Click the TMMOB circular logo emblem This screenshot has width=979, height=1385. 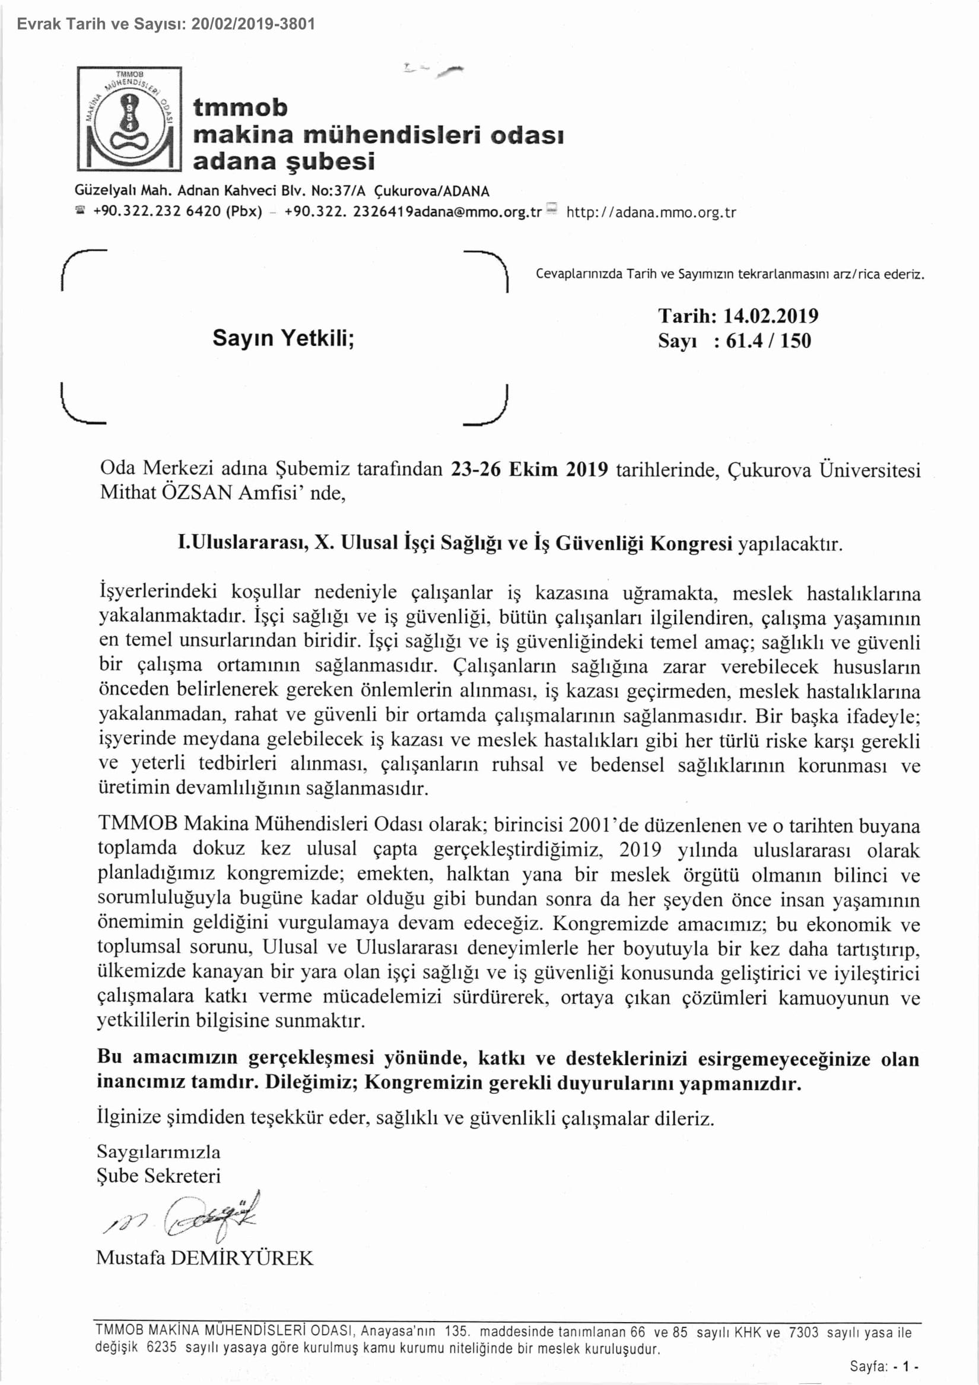pyautogui.click(x=129, y=118)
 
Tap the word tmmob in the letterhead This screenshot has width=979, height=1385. pyautogui.click(x=240, y=107)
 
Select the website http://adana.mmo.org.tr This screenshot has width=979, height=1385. pyautogui.click(x=651, y=213)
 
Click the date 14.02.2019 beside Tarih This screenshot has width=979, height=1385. pyautogui.click(x=770, y=316)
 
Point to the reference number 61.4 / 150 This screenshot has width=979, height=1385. pyautogui.click(x=768, y=341)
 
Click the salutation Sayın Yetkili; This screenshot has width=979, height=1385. pyautogui.click(x=283, y=338)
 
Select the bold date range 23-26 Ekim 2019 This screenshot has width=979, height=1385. pyautogui.click(x=529, y=469)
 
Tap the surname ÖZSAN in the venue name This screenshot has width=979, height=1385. pyautogui.click(x=196, y=493)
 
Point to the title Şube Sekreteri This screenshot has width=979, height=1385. pyautogui.click(x=158, y=1176)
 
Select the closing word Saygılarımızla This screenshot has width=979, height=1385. pyautogui.click(x=158, y=1152)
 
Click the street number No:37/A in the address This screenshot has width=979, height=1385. pyautogui.click(x=338, y=191)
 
